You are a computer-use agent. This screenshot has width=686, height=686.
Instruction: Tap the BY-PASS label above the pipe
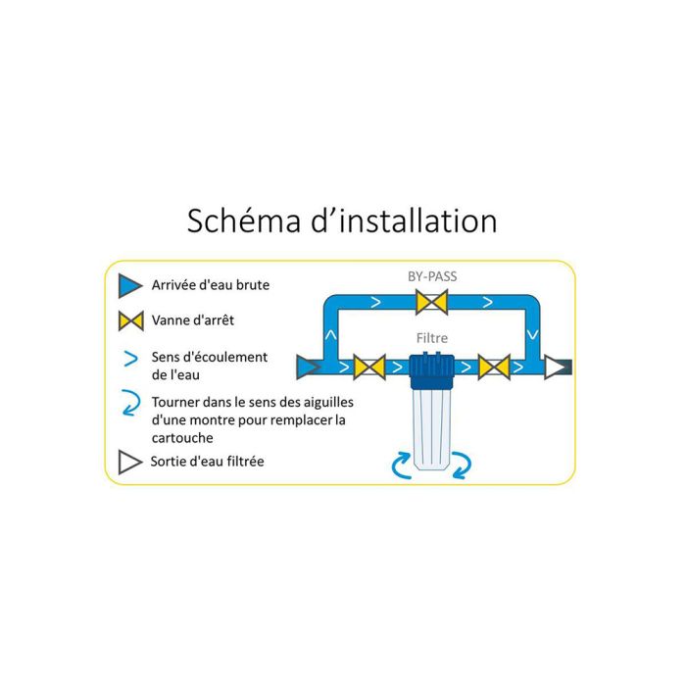[431, 276]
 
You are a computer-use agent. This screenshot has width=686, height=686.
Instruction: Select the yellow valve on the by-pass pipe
[431, 302]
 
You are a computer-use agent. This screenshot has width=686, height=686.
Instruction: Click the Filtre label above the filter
[432, 338]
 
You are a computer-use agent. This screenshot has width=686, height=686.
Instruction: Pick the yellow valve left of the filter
[368, 367]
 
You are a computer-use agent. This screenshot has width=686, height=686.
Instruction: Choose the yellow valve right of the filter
[494, 367]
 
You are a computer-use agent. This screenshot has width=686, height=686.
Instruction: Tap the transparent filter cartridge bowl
[431, 431]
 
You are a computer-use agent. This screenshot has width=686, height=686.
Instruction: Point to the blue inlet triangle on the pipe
[308, 367]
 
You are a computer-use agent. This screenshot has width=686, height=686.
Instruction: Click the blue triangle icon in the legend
[130, 286]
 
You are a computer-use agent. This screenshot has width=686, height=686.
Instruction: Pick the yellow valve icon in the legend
[130, 320]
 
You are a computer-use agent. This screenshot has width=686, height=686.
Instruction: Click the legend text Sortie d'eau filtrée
[208, 462]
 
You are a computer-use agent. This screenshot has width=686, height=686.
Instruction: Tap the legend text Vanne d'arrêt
[193, 320]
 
